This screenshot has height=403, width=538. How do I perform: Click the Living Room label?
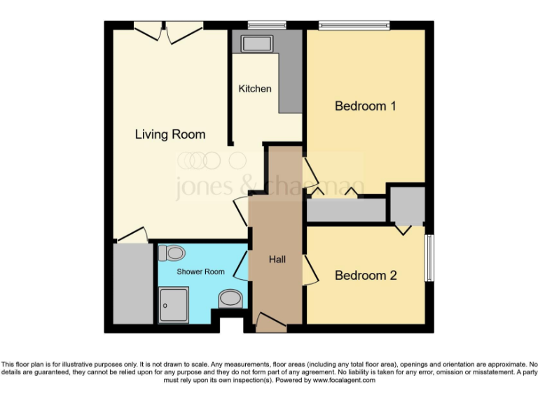click(x=170, y=134)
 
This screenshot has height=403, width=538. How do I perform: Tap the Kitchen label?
click(x=255, y=89)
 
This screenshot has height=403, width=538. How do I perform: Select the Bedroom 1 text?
click(x=366, y=106)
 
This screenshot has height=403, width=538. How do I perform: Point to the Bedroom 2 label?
click(x=366, y=276)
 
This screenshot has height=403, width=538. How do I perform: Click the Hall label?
click(x=277, y=260)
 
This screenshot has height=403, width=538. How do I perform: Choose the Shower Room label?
click(x=200, y=271)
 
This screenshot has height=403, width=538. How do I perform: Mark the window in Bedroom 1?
click(x=354, y=26)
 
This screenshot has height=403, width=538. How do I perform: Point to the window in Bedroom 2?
click(x=429, y=258)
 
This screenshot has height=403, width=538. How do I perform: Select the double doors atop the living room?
click(x=168, y=29)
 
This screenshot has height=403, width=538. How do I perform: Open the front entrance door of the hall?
click(x=270, y=322)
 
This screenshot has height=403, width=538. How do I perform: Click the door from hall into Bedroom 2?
click(x=308, y=269)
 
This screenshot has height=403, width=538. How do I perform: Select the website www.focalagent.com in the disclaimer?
click(x=343, y=381)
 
